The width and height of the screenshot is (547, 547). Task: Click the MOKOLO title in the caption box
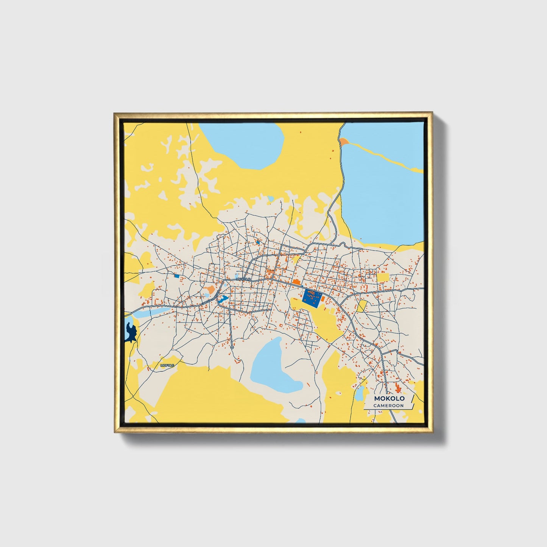pos(389,398)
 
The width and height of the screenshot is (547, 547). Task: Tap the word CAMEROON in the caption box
pos(388,405)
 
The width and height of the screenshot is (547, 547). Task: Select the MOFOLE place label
pos(167,365)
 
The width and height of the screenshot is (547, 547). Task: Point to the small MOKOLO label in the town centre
pos(243,279)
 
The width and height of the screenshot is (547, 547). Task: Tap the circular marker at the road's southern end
pos(232,347)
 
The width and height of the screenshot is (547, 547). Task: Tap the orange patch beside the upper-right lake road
pos(343,142)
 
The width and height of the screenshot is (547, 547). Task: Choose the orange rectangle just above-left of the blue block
pos(296,282)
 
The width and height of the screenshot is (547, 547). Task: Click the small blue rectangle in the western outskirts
pos(176,276)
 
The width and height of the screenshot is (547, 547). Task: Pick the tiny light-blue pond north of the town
pos(270,198)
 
